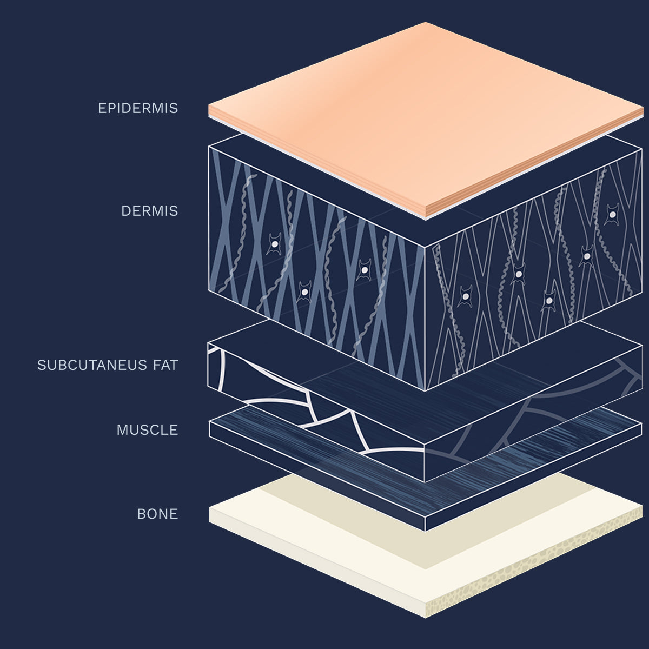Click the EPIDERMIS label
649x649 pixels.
click(138, 108)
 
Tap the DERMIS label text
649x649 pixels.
click(150, 211)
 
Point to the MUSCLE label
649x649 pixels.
click(147, 430)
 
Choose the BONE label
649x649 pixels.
click(157, 514)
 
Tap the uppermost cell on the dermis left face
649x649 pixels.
click(275, 244)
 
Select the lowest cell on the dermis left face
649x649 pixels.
click(304, 292)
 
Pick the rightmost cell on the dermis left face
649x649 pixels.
click(365, 270)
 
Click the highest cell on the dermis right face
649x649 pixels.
click(612, 214)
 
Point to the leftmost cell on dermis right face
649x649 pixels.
click(465, 296)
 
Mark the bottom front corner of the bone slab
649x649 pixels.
click(426, 617)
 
